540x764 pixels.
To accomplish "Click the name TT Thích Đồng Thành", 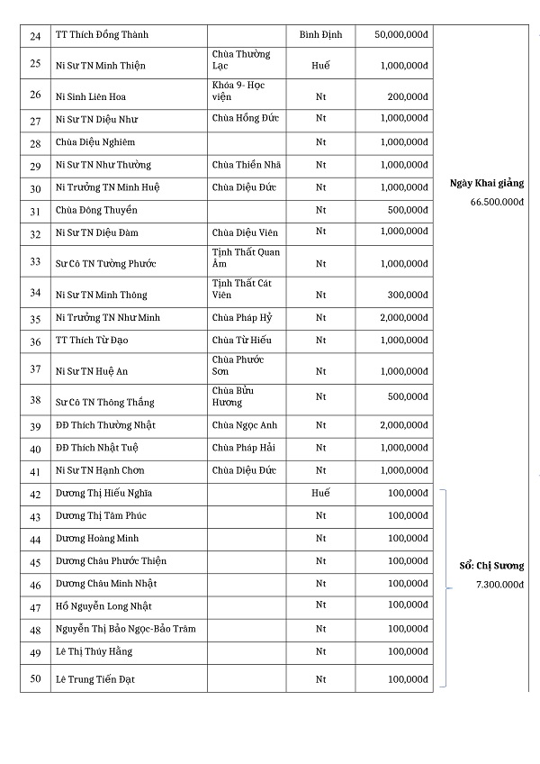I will tap(103, 35).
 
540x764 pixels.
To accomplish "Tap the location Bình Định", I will tap(320, 35).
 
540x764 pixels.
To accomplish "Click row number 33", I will tap(35, 261).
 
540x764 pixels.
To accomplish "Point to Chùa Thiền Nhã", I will tap(247, 165).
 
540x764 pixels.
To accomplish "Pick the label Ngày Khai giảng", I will tap(487, 183).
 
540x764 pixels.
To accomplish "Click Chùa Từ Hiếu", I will tap(241, 340).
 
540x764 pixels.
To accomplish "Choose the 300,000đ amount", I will tap(408, 295).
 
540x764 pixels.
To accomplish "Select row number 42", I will tap(35, 494).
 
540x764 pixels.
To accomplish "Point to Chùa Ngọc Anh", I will tap(245, 425).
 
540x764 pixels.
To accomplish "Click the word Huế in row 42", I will tap(320, 493).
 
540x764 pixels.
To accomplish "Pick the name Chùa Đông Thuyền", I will tap(96, 210).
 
